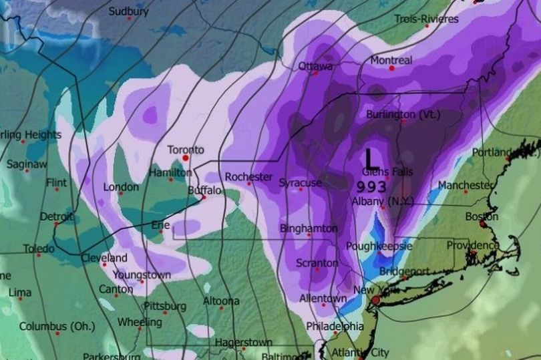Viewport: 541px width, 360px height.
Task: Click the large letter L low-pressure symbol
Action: coord(371,159)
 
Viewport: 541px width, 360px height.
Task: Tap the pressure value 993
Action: coord(371,186)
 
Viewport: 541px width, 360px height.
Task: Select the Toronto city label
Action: coord(186,150)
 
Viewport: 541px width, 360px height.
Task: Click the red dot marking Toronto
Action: coord(186,159)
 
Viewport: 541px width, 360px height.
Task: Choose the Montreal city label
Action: coord(391,59)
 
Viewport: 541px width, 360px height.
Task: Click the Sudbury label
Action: coord(128,11)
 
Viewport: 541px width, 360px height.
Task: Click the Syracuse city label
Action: coord(301,182)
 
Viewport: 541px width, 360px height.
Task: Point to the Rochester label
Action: coord(248,177)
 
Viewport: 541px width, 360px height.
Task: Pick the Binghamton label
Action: coord(309,228)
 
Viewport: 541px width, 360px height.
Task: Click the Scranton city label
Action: coord(317,263)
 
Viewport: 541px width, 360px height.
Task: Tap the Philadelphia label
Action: coord(335,327)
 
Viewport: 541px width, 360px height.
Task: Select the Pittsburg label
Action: coord(165,307)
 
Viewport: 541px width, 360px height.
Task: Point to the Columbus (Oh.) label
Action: coord(52,327)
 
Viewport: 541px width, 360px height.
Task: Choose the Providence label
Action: coord(473,245)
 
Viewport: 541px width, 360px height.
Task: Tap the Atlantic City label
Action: coord(361,353)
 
